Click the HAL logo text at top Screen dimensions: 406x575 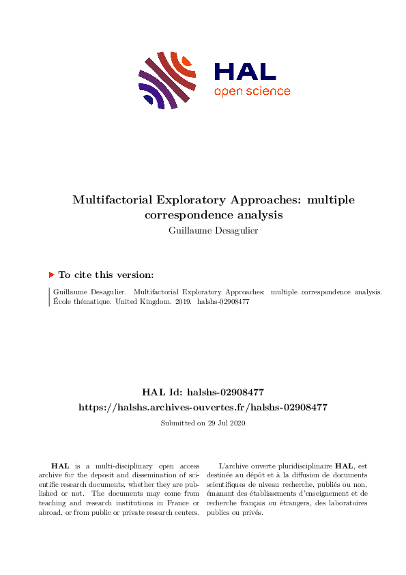[245, 71]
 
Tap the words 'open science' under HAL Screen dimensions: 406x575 [252, 92]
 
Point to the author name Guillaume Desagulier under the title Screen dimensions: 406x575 [203, 229]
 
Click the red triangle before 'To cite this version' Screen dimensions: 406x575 [51, 275]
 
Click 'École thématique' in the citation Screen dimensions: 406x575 [78, 301]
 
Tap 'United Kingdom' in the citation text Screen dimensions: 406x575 [140, 301]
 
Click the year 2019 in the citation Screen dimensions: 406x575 [177, 301]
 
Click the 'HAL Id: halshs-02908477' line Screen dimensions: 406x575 [203, 392]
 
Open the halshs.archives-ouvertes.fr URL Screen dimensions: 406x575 [203, 407]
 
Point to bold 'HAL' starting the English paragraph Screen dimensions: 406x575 [60, 465]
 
